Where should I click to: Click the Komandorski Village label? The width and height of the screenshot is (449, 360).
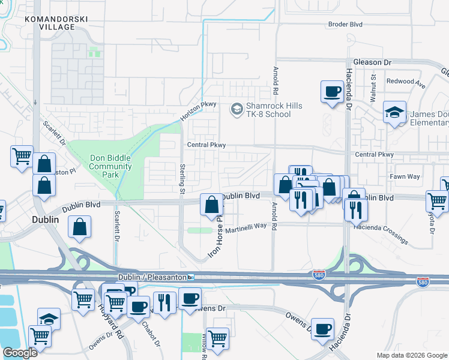tap(56, 23)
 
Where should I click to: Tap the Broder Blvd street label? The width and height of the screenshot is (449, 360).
tap(345, 25)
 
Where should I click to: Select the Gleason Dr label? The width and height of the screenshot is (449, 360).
tap(372, 62)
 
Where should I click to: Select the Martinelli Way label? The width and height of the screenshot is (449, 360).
tap(246, 226)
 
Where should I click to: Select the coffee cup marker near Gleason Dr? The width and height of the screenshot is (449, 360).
tap(331, 91)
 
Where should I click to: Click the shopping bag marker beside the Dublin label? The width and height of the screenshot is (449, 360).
tap(80, 227)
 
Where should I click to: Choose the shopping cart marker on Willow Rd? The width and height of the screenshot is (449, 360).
tap(217, 338)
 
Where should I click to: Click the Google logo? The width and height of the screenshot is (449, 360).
tap(20, 353)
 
